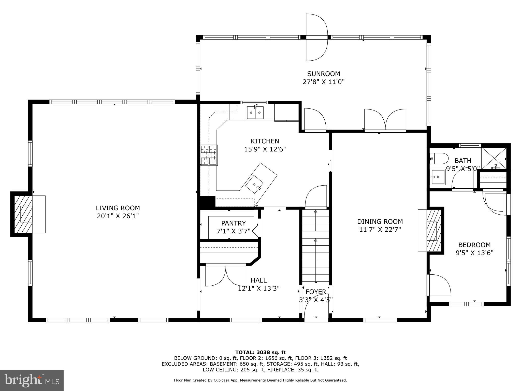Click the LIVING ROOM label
[x=118, y=208]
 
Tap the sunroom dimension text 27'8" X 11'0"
[x=324, y=82]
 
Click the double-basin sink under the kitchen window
[x=255, y=113]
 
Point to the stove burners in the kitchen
[x=209, y=155]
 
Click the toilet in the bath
[x=439, y=159]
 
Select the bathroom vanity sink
[x=437, y=177]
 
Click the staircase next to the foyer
[x=315, y=246]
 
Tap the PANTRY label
[x=233, y=223]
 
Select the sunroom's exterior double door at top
[x=316, y=37]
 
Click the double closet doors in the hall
[x=226, y=276]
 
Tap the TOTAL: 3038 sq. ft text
[x=260, y=352]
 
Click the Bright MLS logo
[x=32, y=380]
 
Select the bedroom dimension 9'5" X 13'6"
[x=474, y=253]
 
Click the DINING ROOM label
[x=380, y=221]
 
